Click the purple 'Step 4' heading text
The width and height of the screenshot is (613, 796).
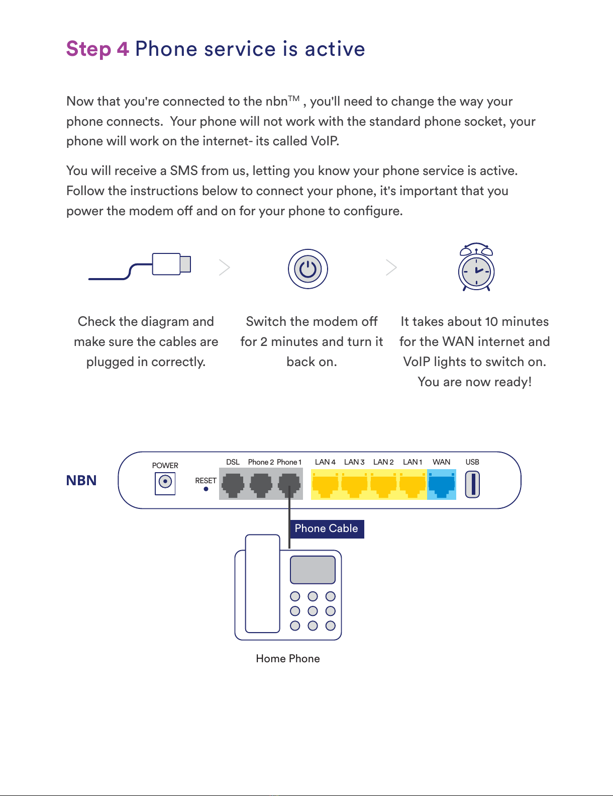click(x=97, y=49)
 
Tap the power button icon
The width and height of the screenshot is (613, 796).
click(x=308, y=269)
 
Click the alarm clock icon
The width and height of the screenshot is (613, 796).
click(x=476, y=269)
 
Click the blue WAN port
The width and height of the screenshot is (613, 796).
click(x=442, y=484)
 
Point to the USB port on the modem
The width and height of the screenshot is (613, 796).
click(x=472, y=484)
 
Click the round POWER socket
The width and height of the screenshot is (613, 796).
click(x=165, y=482)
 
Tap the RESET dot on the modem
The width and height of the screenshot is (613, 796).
click(x=206, y=489)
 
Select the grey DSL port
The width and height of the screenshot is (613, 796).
click(x=233, y=484)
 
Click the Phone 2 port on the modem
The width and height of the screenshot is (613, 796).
click(x=261, y=484)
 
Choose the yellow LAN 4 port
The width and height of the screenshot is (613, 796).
click(x=326, y=484)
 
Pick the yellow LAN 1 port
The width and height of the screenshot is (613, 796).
click(x=413, y=484)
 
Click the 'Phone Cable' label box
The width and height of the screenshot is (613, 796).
click(x=327, y=528)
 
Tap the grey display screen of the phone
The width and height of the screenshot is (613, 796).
click(x=313, y=569)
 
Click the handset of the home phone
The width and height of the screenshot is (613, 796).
click(x=262, y=583)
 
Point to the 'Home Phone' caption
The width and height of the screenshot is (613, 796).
click(x=288, y=659)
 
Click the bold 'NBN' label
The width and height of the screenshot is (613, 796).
click(x=81, y=481)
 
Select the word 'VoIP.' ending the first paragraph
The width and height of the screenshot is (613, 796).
click(x=325, y=141)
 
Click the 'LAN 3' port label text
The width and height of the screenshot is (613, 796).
click(x=354, y=462)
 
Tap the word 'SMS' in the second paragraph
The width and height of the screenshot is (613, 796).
click(x=184, y=171)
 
